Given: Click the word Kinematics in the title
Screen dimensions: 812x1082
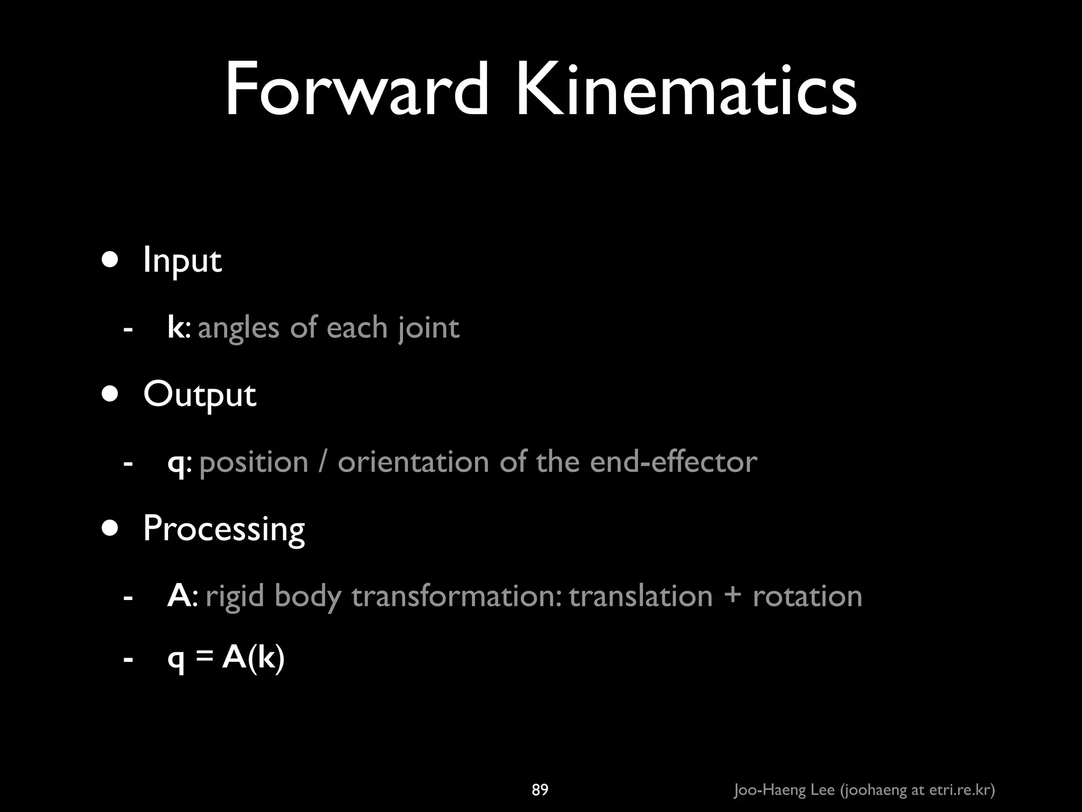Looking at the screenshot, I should [x=686, y=90].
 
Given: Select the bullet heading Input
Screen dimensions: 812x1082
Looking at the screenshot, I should [x=182, y=260].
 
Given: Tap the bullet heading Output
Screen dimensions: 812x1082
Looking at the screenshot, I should [x=200, y=394].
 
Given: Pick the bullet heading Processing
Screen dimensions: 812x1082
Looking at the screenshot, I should [x=224, y=529].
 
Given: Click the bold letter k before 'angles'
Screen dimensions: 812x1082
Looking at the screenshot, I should [x=175, y=327].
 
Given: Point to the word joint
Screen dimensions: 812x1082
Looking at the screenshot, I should [x=428, y=328].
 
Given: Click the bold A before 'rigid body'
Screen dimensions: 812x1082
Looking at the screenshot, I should [x=179, y=596].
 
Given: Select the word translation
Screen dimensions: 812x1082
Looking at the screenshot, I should [x=640, y=596].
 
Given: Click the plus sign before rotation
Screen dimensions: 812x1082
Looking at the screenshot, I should [x=732, y=597].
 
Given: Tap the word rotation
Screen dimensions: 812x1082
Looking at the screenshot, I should [x=807, y=596].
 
